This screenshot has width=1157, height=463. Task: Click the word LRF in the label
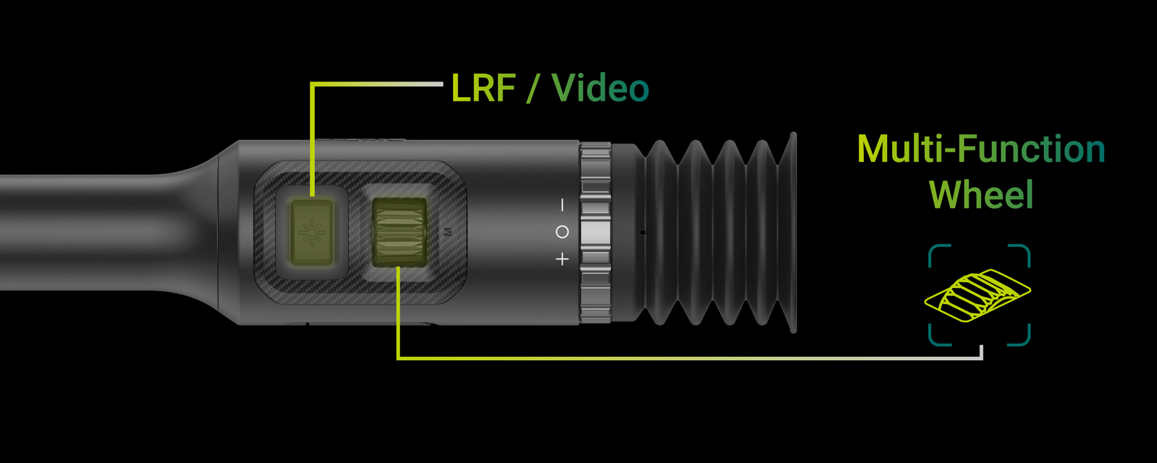pos(483,89)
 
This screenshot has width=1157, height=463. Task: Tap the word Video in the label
pos(600,89)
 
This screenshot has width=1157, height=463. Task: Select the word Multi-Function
pos(981,149)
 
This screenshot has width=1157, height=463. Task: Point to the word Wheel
pos(981,195)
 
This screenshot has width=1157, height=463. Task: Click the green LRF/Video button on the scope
pos(312,232)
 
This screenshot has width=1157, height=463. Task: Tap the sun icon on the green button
pos(312,232)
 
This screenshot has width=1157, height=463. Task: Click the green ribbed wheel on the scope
pos(399,232)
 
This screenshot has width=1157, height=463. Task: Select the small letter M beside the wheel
pos(448,232)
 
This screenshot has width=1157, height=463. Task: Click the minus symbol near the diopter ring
pos(562,205)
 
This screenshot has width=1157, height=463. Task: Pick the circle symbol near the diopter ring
pos(562,232)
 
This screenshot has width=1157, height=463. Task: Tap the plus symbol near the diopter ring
pos(562,259)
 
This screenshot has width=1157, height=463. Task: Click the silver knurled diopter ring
pos(595,232)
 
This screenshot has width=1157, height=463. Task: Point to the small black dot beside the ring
pos(642,232)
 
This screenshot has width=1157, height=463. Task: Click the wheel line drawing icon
pos(978,295)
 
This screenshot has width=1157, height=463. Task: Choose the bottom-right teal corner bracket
pos(1021,336)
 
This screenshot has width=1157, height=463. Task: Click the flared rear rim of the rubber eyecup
pos(793,232)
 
